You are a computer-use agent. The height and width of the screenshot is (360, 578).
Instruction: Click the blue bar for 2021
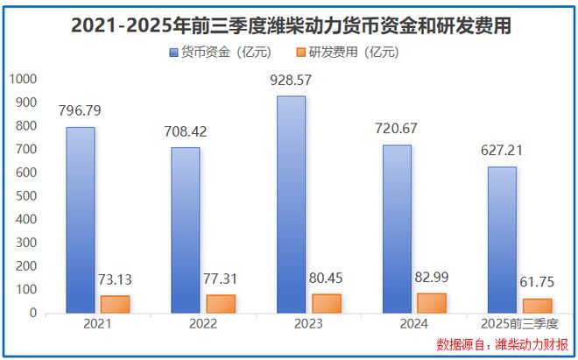[81, 220]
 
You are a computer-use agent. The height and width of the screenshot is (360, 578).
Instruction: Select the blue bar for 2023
[292, 204]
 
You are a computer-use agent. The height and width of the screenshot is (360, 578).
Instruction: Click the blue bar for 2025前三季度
[502, 239]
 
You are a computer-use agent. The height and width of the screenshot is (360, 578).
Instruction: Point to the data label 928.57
[292, 81]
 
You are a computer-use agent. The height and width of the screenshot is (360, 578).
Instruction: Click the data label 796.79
[81, 111]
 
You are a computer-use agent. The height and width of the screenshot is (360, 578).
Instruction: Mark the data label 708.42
[186, 132]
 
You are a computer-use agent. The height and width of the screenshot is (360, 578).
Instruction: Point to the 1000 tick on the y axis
[24, 79]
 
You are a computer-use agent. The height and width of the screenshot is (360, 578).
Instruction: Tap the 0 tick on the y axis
[32, 313]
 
